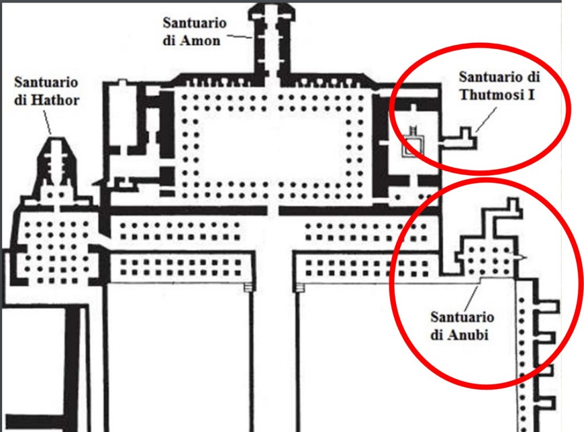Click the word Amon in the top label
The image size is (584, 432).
(202, 41)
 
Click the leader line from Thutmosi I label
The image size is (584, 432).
(483, 121)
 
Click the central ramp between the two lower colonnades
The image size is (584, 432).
(274, 342)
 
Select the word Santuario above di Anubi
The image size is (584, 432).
(462, 317)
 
